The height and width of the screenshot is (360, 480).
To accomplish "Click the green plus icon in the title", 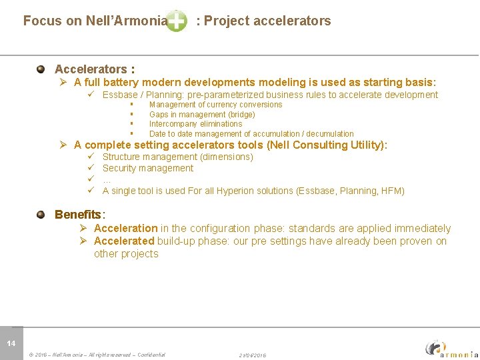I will coord(176,21).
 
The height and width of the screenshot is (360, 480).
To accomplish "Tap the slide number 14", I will coord(11,343).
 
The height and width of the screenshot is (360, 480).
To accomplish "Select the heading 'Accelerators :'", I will coord(95,69).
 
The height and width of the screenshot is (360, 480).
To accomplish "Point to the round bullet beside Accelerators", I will coord(41,69).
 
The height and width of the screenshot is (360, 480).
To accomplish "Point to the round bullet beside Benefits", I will coord(41,215).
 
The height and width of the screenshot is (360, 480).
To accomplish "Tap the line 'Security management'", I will coord(148,168).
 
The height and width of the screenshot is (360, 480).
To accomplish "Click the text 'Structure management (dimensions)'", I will coord(177,157).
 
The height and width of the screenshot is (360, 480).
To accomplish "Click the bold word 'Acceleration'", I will coord(125,229).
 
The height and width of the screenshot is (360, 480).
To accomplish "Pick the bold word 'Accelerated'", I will coord(124,241).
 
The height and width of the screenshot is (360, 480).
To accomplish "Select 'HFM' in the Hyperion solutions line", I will coord(392,191).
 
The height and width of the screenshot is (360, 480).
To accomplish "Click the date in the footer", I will coord(253,355).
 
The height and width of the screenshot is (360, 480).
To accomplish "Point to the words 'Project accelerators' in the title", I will coord(267,21).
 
